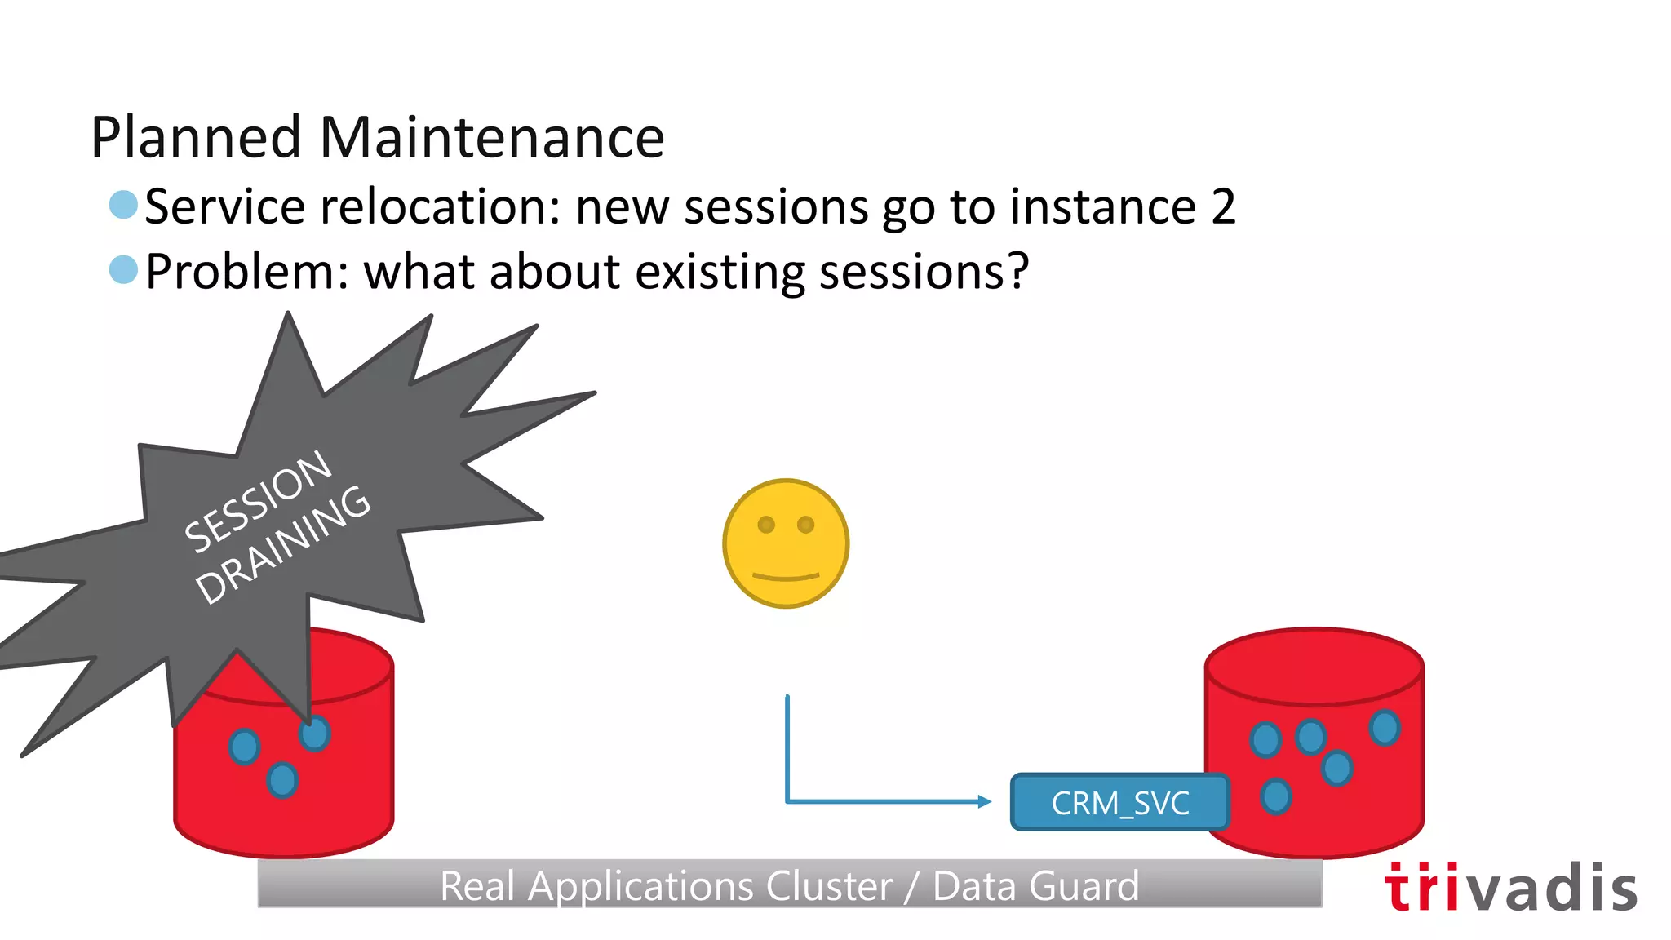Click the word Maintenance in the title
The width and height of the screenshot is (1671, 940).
coord(492,137)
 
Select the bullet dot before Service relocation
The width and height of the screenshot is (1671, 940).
coord(123,205)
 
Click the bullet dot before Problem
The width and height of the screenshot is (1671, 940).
coord(123,269)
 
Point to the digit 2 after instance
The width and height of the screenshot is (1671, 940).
coord(1222,206)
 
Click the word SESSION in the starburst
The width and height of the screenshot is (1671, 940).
coord(258,501)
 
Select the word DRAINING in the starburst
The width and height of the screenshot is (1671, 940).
coord(283,544)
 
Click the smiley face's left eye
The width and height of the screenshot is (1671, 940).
coord(766,525)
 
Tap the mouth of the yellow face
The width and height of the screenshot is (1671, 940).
coord(786,577)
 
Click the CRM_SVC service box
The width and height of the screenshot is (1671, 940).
coord(1119,803)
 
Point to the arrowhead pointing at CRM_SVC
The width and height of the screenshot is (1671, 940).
coord(985,802)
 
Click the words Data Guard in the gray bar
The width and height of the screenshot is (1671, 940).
coord(1035,886)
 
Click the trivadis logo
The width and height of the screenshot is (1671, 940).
coord(1510,888)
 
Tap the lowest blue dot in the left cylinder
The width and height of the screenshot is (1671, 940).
coord(282,780)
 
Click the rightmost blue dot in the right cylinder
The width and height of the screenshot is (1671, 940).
coord(1385,727)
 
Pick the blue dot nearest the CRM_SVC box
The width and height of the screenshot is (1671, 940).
coord(1275,796)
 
